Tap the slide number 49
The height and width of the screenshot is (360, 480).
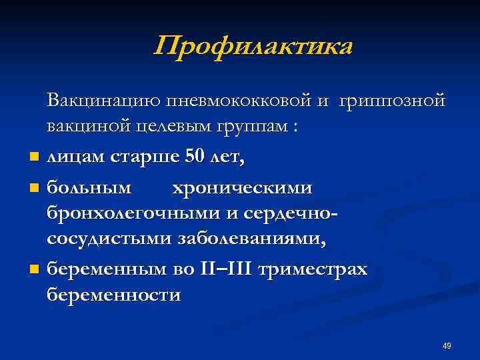coord(447,346)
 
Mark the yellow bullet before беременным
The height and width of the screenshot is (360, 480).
coord(34,271)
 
